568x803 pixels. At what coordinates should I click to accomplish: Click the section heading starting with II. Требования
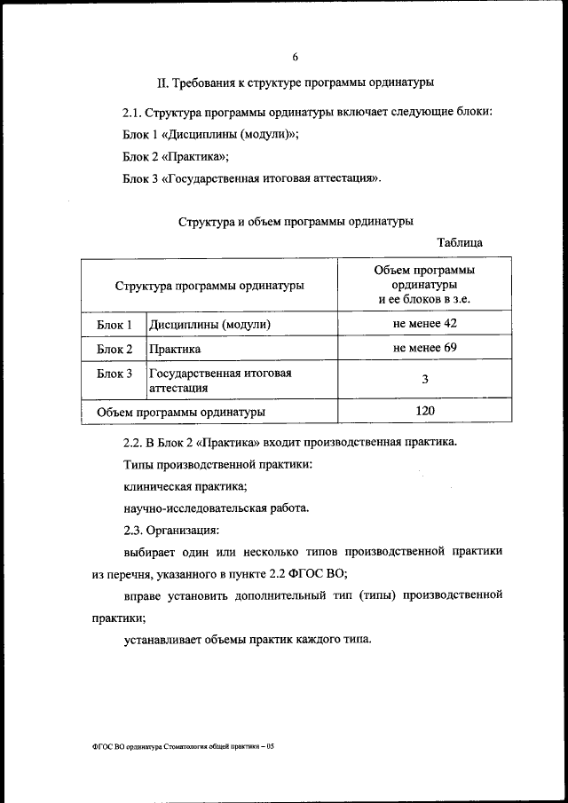point(295,84)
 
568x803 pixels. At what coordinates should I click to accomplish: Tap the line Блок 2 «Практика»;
point(176,156)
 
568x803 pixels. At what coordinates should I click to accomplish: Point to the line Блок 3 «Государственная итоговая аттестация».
point(252,178)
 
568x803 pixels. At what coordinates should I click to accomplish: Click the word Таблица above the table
point(460,242)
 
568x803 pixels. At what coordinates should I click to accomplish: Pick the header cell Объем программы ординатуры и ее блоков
point(424,285)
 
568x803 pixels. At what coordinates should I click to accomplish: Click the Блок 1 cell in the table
point(114,325)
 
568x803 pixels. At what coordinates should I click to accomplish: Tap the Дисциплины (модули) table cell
point(209,325)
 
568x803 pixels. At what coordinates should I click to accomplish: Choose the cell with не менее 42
point(424,324)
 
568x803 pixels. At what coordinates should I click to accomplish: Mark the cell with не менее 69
point(424,348)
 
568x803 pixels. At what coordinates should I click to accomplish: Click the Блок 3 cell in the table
point(114,373)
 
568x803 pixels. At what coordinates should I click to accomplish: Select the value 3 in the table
point(425,380)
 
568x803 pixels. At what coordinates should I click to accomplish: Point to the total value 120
point(424,411)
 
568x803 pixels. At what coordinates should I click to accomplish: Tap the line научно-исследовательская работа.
point(216,508)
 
